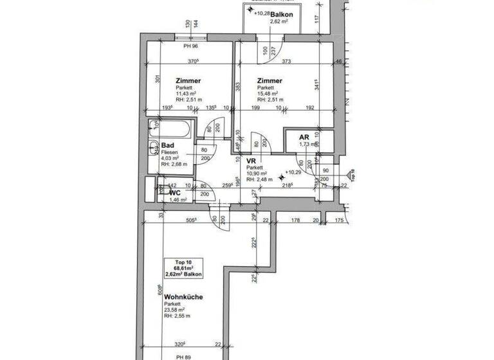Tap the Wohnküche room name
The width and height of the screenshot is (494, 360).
click(x=184, y=297)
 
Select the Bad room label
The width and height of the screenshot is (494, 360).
click(x=167, y=145)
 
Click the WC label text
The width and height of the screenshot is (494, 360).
click(x=174, y=192)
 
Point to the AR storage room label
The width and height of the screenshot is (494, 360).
click(x=305, y=137)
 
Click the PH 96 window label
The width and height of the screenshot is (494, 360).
click(x=190, y=46)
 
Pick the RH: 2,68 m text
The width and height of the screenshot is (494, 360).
click(x=174, y=165)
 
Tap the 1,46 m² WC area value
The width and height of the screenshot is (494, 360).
click(x=178, y=200)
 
